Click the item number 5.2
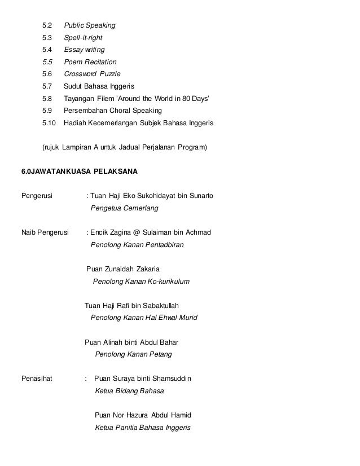click(47, 25)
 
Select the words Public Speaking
click(89, 25)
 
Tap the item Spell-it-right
click(83, 38)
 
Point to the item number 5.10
click(49, 122)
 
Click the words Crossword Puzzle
click(92, 74)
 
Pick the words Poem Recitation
click(90, 62)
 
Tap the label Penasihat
click(37, 379)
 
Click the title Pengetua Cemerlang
click(125, 208)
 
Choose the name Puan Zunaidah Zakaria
click(127, 269)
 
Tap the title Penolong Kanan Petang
click(133, 354)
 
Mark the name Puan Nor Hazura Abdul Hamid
click(143, 415)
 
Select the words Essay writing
click(84, 50)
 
